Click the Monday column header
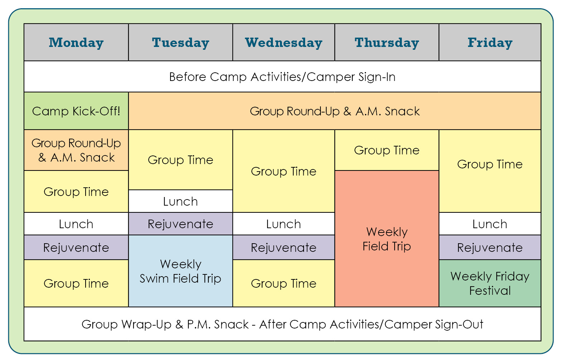[x=76, y=42]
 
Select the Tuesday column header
[x=180, y=42]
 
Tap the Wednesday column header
[x=284, y=42]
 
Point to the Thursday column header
[x=387, y=42]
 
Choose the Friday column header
[x=490, y=42]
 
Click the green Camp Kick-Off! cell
[x=76, y=111]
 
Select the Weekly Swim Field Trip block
[x=180, y=271]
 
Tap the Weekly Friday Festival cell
[x=490, y=283]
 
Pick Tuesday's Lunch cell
[x=180, y=201]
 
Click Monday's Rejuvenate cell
[x=76, y=248]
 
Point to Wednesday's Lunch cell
[x=284, y=224]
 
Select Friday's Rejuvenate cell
[x=490, y=248]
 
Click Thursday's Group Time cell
[x=387, y=150]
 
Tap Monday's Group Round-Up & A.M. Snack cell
[x=76, y=150]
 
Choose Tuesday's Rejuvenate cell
[x=180, y=224]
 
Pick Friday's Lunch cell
[x=490, y=224]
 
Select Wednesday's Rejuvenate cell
[x=284, y=248]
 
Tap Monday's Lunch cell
[x=76, y=224]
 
